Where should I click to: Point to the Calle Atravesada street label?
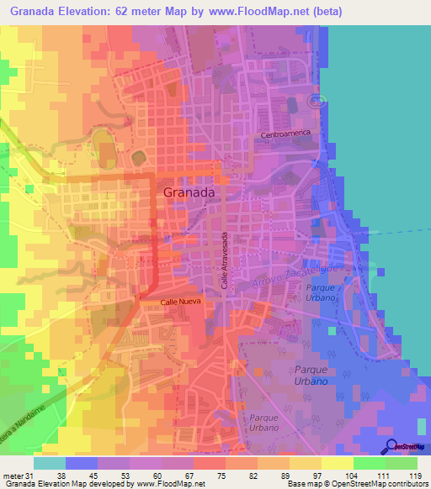tap(226, 260)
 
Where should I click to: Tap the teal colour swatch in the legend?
tap(50, 462)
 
